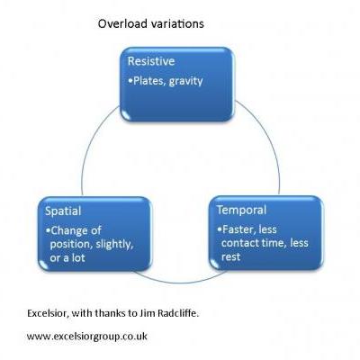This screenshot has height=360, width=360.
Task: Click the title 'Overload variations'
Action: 151,23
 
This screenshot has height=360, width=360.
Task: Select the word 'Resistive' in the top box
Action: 151,61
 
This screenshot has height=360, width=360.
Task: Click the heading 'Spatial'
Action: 63,211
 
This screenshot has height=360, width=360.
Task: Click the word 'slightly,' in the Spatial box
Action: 114,245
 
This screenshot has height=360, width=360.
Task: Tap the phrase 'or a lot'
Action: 67,257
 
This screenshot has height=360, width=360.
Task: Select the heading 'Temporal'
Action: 241,210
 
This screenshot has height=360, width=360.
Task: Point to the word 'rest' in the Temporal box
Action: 230,256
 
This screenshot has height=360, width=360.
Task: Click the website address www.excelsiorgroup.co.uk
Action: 87,337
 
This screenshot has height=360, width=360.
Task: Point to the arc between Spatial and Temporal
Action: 180,283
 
